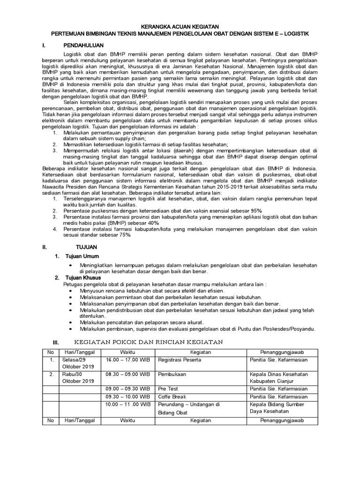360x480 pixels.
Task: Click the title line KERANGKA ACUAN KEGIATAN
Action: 180,27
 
